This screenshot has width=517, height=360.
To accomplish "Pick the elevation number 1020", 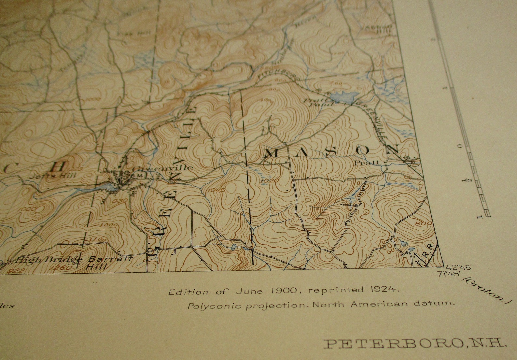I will pos(269,180).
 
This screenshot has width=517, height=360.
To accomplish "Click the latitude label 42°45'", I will pos(460,267).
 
